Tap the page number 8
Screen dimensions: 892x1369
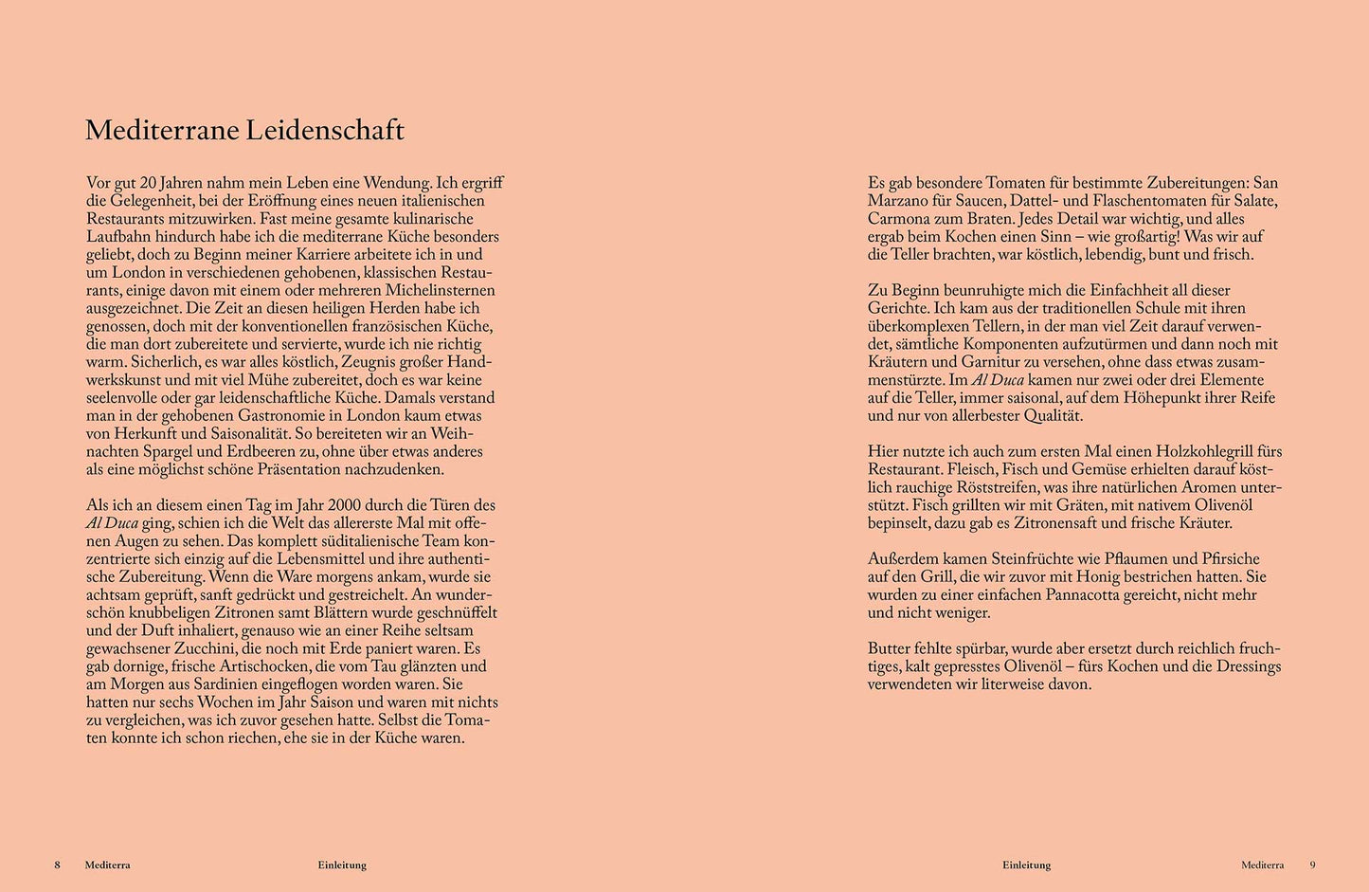[57, 865]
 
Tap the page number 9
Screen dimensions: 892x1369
[1313, 865]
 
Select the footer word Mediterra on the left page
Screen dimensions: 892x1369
[107, 865]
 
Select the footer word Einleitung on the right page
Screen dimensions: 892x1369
[1026, 865]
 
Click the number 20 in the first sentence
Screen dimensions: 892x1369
[148, 183]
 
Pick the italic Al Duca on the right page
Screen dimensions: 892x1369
[998, 379]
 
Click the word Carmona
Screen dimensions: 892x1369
[899, 219]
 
